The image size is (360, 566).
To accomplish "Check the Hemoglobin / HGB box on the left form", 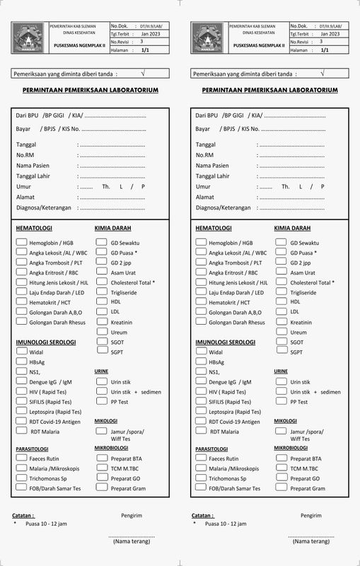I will coord(21,243).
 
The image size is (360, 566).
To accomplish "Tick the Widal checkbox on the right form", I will coord(201,352).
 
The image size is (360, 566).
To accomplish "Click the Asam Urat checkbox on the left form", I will coord(102,272).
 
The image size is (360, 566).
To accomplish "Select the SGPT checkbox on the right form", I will coord(281,352).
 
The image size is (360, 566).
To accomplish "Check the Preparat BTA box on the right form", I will coord(281,458).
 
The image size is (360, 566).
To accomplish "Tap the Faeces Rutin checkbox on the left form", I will coord(21,458).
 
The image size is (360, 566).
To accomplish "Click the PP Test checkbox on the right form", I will coord(281,401).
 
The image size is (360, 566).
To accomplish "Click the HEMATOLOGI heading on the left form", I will coord(34,229).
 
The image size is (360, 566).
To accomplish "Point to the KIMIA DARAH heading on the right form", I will coord(292,229).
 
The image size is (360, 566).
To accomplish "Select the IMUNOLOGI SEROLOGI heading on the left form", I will coord(46,342).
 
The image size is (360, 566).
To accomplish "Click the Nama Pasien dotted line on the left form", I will coord(113,166).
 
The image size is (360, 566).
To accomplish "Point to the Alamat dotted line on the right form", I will coord(292,197).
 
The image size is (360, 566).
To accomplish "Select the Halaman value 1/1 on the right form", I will coord(325,50).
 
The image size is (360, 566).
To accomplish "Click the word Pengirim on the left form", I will coord(132,515).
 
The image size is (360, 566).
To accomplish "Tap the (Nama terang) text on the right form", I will coord(310,541).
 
